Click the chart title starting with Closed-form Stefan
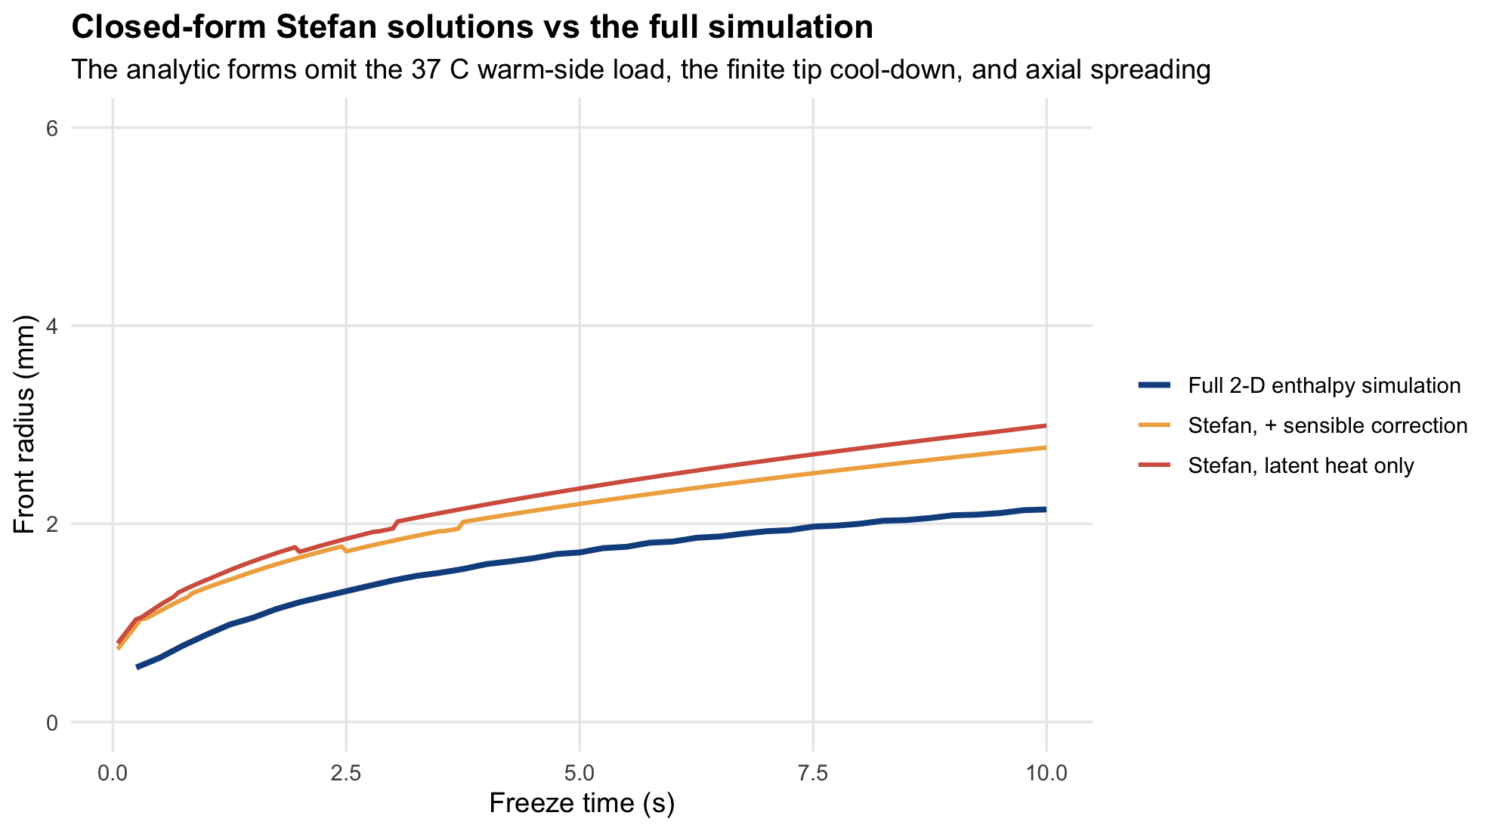472,28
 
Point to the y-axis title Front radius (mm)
25,424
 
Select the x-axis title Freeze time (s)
581,803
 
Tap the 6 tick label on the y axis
52,128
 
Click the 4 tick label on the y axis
52,326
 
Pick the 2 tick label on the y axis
52,524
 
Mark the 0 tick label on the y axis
52,722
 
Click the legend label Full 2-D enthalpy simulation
1324,386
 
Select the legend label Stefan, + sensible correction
1328,425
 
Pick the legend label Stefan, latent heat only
1301,465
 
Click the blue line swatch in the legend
1154,386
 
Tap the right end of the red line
1046,425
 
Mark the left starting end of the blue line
137,667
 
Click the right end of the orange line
1046,448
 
